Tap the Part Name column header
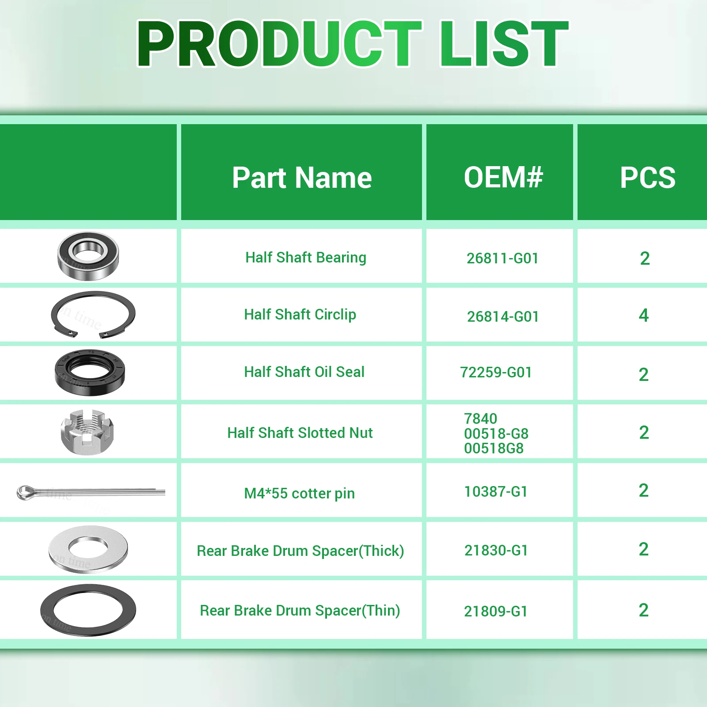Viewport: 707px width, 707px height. point(302,178)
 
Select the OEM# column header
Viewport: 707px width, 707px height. point(503,177)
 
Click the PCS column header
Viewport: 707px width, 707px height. point(648,178)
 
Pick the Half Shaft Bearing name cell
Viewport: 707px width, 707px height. point(306,257)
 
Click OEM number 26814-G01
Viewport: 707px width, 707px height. point(503,316)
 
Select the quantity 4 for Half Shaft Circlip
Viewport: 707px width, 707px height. point(644,315)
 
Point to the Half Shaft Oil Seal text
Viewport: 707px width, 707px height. point(304,372)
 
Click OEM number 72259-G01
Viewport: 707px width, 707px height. point(496,372)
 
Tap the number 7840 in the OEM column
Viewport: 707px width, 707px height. point(481,418)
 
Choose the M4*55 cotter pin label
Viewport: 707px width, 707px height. point(300,493)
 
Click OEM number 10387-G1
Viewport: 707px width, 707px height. point(496,491)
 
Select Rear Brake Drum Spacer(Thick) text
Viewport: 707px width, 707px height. point(300,551)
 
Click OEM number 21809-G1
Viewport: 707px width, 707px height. point(496,611)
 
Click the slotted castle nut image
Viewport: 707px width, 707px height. point(87,431)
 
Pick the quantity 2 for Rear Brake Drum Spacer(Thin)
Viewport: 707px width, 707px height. point(644,610)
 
